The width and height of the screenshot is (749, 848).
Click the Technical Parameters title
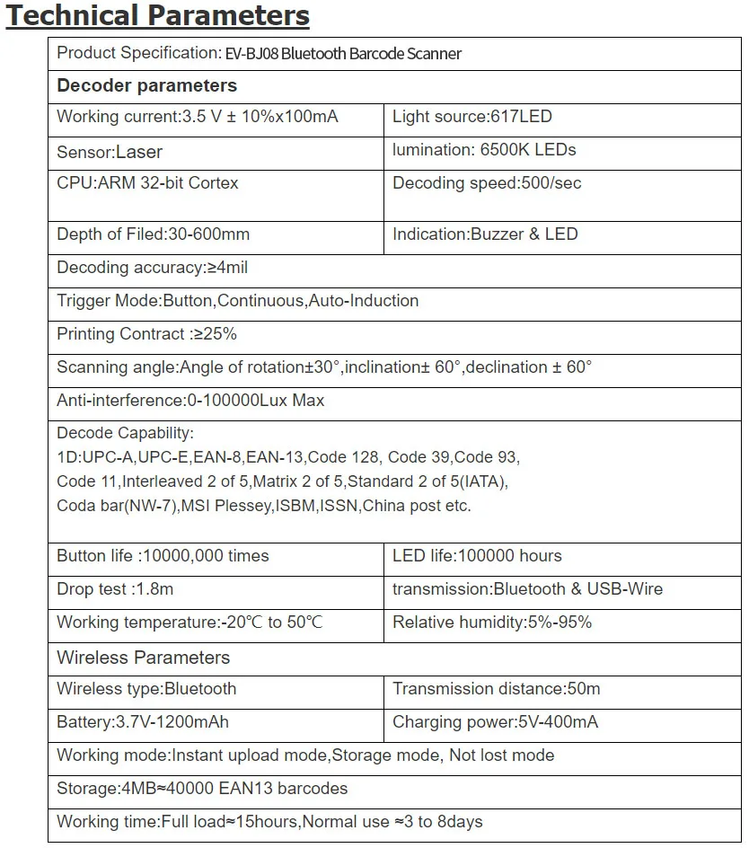(158, 16)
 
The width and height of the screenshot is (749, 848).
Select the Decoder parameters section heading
(146, 86)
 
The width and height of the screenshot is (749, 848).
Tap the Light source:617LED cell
(472, 117)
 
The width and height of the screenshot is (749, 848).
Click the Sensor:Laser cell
(110, 152)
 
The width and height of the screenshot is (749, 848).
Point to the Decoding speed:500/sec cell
(487, 183)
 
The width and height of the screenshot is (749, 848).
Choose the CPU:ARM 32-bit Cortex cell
(147, 183)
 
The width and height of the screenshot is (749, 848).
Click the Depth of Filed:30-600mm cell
(153, 234)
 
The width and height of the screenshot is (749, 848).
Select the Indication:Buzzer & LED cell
(485, 234)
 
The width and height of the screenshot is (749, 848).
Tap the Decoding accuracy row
(152, 268)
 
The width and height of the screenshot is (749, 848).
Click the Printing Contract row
(146, 334)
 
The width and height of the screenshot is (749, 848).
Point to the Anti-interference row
(190, 401)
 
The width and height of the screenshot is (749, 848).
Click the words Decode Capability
(125, 434)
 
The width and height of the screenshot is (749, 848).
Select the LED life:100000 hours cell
(477, 556)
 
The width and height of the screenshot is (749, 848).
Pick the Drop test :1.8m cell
(115, 589)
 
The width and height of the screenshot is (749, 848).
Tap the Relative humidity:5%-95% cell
(492, 623)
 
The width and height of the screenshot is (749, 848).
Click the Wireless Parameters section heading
(143, 658)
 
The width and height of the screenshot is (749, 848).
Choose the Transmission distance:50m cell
(497, 689)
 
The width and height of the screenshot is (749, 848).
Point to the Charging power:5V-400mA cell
(495, 722)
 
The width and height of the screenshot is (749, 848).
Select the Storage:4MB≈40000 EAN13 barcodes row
(202, 789)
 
